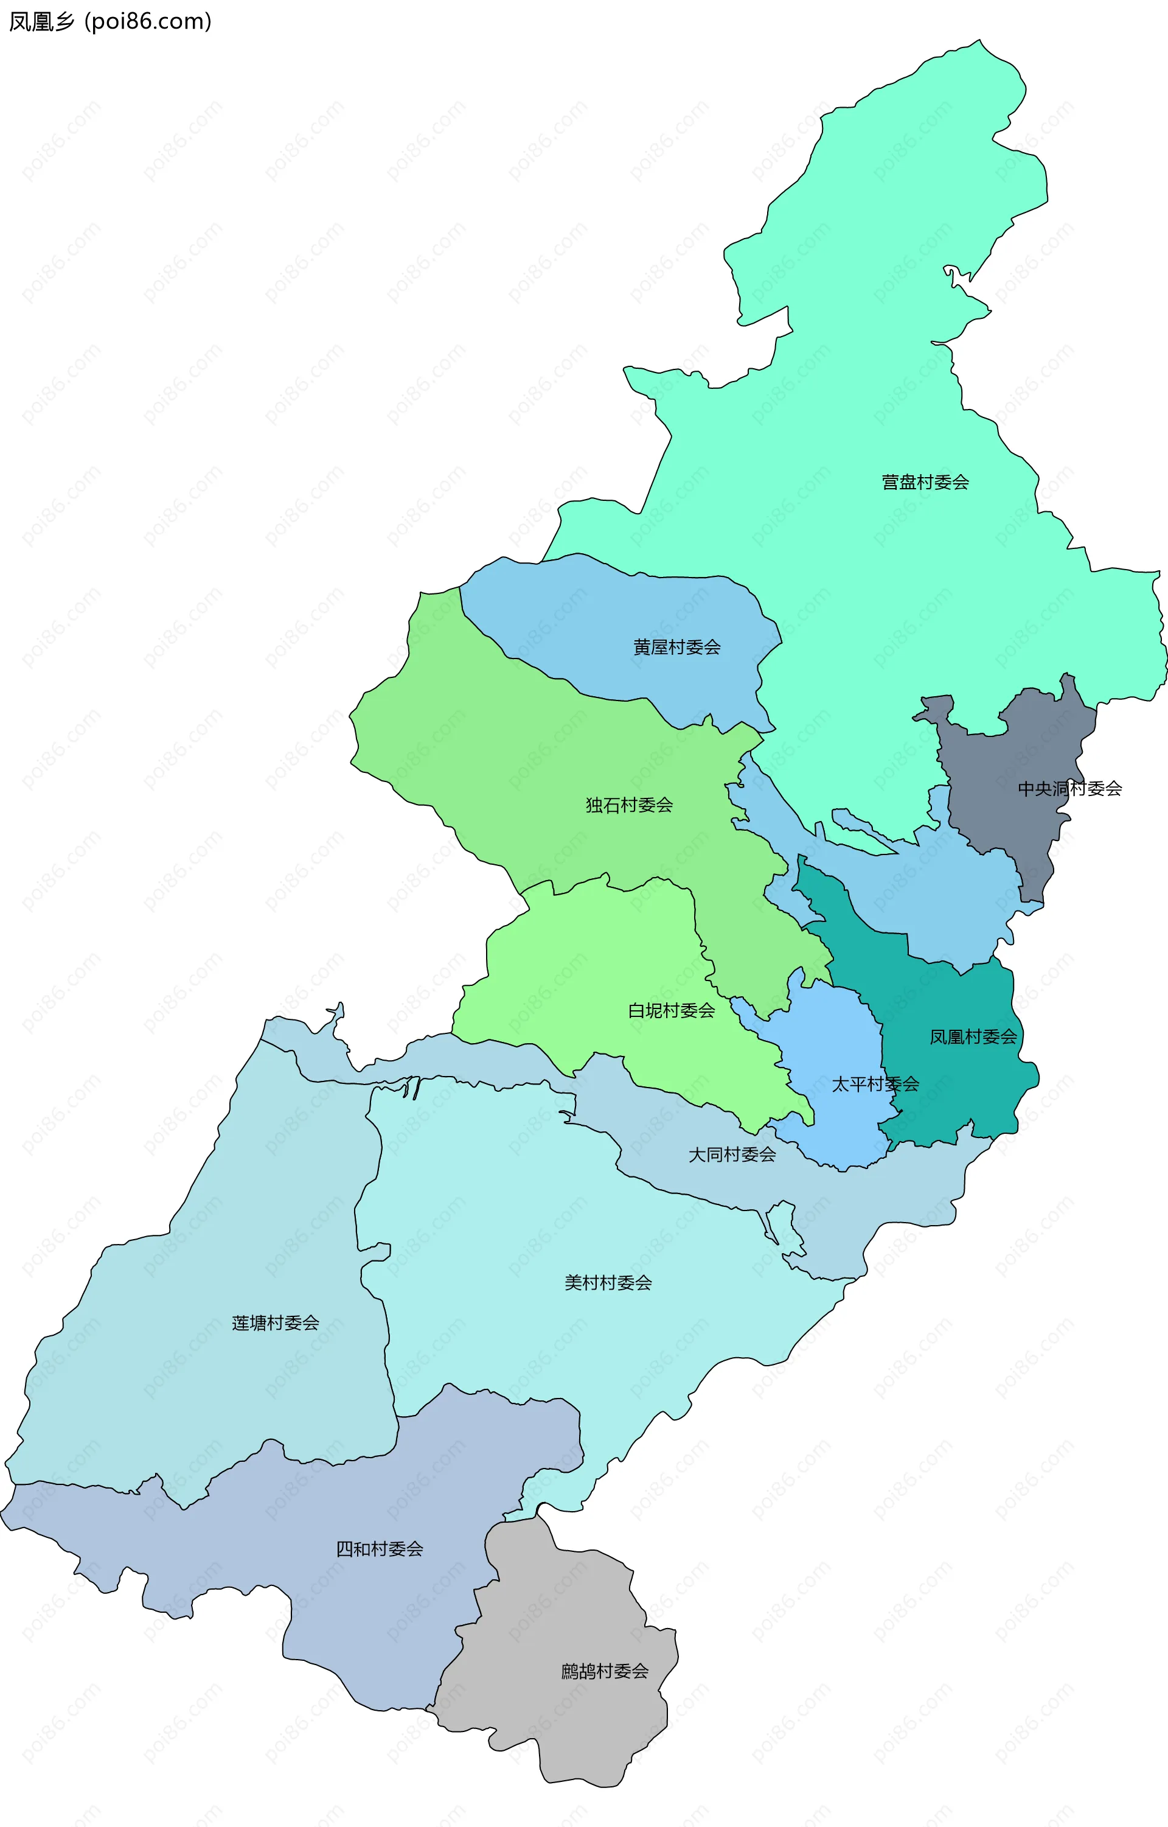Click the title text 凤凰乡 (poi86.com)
(x=110, y=21)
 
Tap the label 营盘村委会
(x=925, y=482)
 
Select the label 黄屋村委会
(x=676, y=647)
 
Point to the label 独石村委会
(x=629, y=805)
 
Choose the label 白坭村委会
(x=671, y=1011)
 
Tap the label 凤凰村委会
(x=973, y=1037)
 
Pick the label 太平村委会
(x=875, y=1085)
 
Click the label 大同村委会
(x=732, y=1155)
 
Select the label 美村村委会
(x=608, y=1282)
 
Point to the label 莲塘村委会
(x=276, y=1322)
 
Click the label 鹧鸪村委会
(x=605, y=1671)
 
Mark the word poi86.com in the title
(x=148, y=21)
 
